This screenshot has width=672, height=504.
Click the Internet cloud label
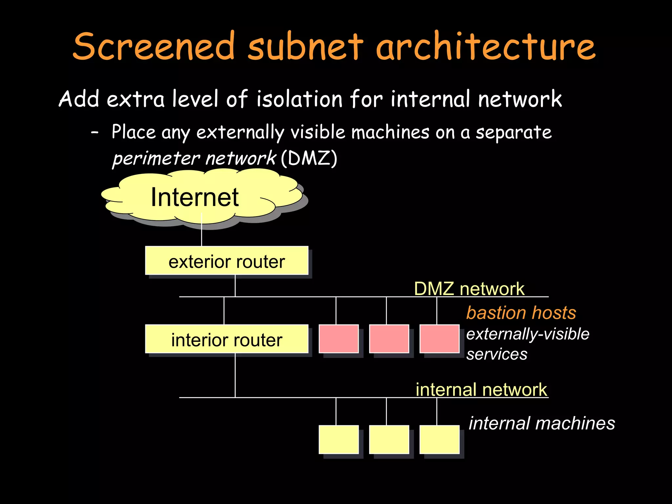195,197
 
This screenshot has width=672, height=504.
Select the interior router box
226,339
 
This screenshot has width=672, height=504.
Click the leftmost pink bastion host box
338,339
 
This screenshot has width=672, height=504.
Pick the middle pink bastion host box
389,339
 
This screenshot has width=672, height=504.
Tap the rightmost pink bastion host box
439,339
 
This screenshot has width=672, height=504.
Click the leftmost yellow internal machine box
338,440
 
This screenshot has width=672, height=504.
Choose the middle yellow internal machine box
389,440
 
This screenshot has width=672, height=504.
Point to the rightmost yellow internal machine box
439,440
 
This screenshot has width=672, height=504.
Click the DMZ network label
469,289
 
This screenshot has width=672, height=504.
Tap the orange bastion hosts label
521,312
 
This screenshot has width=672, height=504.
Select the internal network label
481,389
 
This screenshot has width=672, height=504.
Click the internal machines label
542,423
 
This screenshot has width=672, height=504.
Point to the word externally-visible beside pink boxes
528,334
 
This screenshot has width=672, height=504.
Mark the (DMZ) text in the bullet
309,158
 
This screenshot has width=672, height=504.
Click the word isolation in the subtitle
299,99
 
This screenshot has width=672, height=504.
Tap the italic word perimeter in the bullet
156,159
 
